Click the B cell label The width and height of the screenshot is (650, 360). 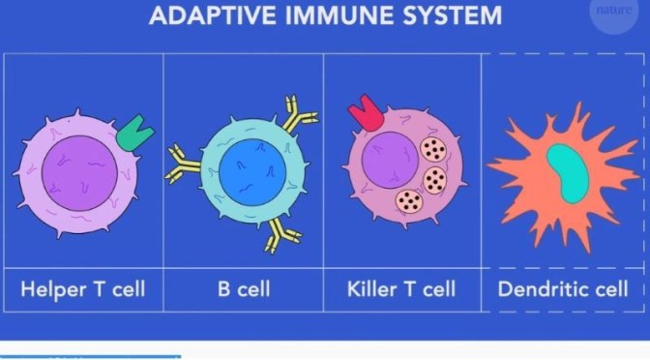tap(243, 288)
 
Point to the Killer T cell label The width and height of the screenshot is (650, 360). tap(401, 288)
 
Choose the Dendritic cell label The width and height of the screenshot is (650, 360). tap(564, 288)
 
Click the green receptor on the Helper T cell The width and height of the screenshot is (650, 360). tap(133, 133)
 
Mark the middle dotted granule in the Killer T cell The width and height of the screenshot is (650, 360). tap(436, 179)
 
